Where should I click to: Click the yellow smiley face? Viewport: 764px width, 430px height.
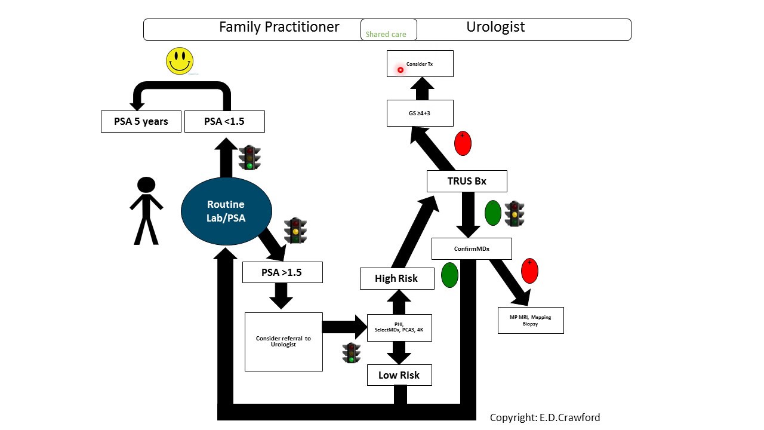tap(180, 61)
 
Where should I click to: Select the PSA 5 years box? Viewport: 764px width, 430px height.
tap(141, 122)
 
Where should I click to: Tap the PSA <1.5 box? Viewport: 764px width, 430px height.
tap(224, 122)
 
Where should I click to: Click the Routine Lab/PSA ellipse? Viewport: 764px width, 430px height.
tap(227, 211)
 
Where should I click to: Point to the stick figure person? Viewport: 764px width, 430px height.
tap(146, 211)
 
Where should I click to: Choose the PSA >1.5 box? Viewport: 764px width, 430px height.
tap(282, 272)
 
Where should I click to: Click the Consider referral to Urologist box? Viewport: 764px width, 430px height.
tap(284, 342)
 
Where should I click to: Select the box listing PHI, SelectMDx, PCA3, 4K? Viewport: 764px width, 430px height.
tap(399, 327)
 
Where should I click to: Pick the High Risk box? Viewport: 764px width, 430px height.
tap(396, 278)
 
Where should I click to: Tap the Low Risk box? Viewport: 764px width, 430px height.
tap(399, 375)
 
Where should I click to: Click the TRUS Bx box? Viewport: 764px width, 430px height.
tap(467, 181)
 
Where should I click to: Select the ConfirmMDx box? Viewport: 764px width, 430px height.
tap(472, 248)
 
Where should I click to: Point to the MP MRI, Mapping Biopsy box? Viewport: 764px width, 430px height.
tap(531, 320)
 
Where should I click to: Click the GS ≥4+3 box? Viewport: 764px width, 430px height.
tap(420, 113)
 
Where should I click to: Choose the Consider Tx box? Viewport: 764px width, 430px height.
tap(420, 64)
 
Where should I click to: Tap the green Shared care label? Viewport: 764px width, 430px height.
tap(386, 35)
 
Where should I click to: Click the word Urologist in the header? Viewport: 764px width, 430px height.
tap(495, 27)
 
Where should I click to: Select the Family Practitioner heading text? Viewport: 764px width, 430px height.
tap(279, 27)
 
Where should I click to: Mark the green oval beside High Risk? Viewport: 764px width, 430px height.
tap(449, 275)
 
